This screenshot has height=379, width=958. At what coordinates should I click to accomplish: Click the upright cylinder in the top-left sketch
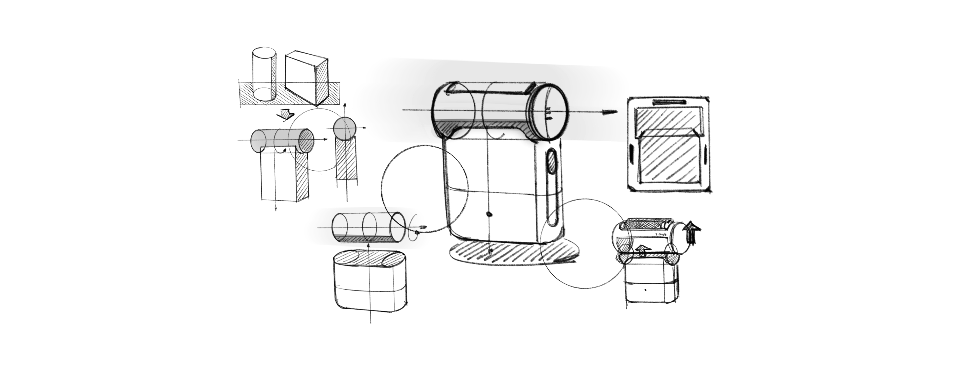[x=264, y=74]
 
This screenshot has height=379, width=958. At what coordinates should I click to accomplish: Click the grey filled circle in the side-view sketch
[x=345, y=128]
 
